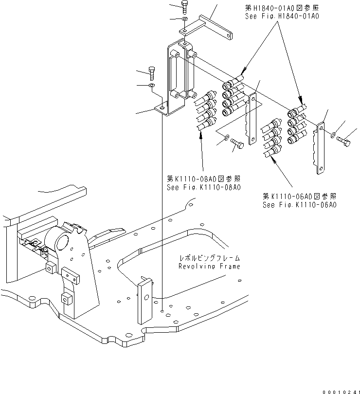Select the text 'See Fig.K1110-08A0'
pyautogui.click(x=204, y=187)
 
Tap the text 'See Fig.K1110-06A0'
pyautogui.click(x=300, y=205)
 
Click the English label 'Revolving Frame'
pyautogui.click(x=209, y=266)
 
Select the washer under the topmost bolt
pyautogui.click(x=185, y=19)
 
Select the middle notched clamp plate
pyautogui.click(x=252, y=120)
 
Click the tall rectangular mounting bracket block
pyautogui.click(x=179, y=78)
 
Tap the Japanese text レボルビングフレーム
pyautogui.click(x=210, y=258)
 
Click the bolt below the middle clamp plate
pyautogui.click(x=238, y=144)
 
